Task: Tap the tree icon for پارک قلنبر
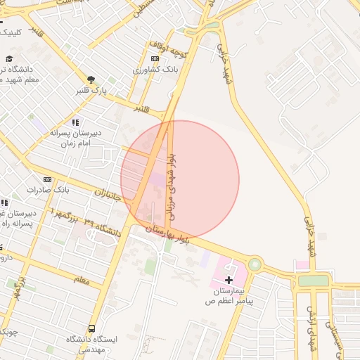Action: click(91, 80)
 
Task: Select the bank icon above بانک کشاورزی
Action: click(155, 59)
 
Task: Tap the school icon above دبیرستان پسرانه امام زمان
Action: click(75, 122)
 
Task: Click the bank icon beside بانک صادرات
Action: click(47, 180)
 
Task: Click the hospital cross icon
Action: click(229, 280)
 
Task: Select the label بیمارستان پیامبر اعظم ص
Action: click(229, 295)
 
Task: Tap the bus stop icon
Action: click(92, 328)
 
